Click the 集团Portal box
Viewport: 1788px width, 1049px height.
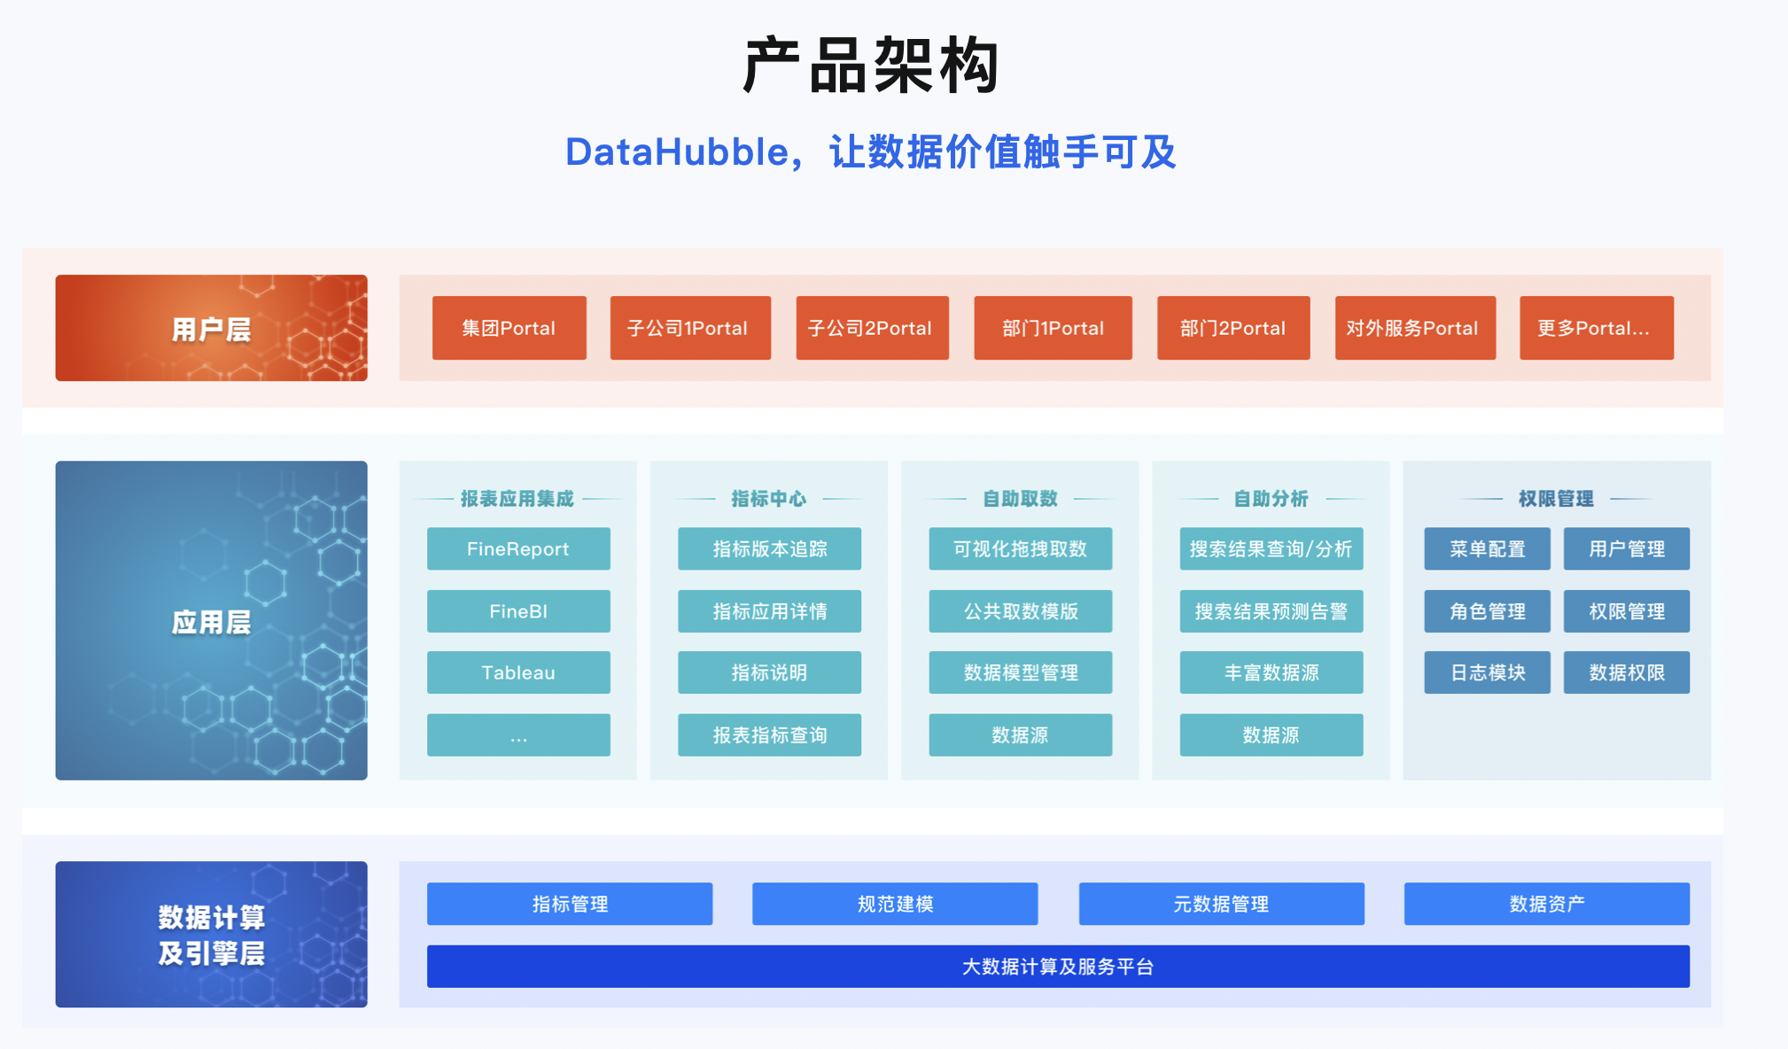click(509, 328)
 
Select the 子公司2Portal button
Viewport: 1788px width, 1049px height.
click(872, 328)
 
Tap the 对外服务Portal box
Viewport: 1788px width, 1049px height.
click(1415, 328)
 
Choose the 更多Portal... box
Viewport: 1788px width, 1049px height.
click(1596, 328)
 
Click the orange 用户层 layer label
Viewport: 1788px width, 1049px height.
click(211, 329)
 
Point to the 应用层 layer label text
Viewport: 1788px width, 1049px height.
click(211, 622)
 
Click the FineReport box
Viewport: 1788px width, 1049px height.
click(518, 548)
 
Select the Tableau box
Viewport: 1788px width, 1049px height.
click(518, 672)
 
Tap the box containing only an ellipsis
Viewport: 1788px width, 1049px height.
click(518, 734)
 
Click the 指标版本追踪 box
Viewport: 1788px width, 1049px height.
click(769, 548)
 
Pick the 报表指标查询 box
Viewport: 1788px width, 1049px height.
click(769, 734)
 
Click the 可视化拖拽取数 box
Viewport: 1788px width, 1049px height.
click(1020, 548)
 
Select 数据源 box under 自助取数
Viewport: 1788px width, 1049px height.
click(1020, 734)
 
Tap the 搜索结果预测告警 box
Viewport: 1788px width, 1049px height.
click(1271, 611)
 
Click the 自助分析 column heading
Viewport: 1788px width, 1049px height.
click(1271, 499)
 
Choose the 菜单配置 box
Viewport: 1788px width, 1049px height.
click(1487, 548)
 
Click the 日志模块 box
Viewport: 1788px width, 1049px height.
click(1487, 672)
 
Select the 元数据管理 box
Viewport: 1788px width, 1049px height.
click(1221, 904)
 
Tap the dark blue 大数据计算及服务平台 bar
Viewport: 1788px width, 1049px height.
click(1058, 967)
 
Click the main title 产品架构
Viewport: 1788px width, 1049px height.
click(871, 66)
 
